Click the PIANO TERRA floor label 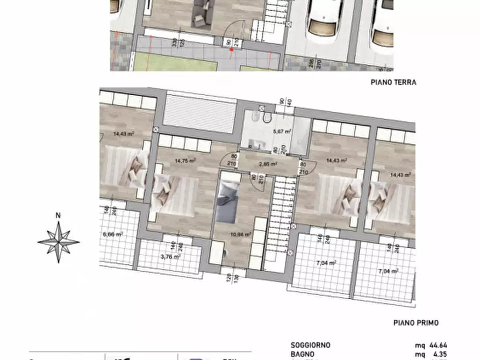[393, 82]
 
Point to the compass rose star [59, 242]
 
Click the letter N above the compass [58, 216]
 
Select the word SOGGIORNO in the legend [310, 345]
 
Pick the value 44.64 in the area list [439, 345]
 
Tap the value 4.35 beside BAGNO [440, 354]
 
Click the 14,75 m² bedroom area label [184, 160]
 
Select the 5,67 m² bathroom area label [282, 131]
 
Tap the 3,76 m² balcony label [170, 256]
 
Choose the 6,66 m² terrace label [113, 234]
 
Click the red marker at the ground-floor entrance [232, 49]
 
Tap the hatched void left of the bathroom [199, 113]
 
